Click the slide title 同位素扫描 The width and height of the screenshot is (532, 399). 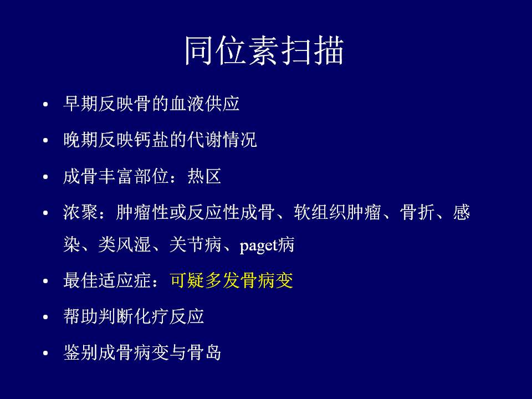[x=264, y=50]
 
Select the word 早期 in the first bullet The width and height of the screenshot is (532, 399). [x=81, y=104]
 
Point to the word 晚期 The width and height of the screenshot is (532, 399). [x=81, y=140]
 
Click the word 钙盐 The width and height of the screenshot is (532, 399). [x=152, y=140]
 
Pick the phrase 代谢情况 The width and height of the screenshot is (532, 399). [x=222, y=140]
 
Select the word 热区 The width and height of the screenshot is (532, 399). [x=204, y=176]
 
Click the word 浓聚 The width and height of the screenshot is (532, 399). [x=81, y=213]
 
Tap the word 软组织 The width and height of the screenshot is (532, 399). [x=319, y=213]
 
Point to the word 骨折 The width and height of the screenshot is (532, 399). [x=417, y=213]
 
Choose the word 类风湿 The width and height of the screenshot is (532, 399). [x=125, y=244]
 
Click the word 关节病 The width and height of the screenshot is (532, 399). [x=196, y=244]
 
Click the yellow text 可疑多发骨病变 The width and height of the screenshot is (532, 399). [x=232, y=280]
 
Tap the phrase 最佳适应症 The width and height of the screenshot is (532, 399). [x=107, y=280]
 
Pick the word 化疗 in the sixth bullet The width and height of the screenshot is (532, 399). [x=152, y=316]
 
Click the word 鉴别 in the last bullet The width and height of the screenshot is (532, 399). [x=81, y=352]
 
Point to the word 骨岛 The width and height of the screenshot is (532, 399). [x=204, y=352]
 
